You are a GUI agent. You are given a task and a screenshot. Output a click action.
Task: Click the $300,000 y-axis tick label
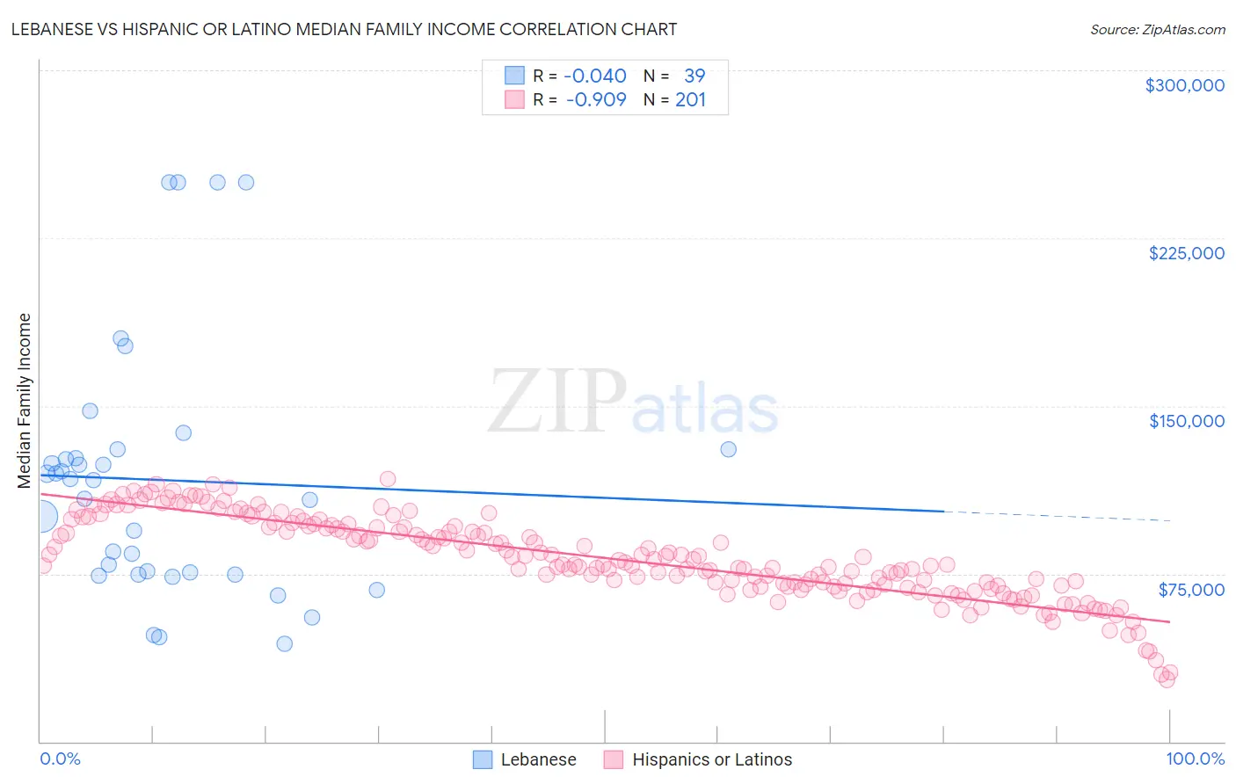1184,85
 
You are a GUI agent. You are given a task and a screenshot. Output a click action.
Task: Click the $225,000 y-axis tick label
1186,253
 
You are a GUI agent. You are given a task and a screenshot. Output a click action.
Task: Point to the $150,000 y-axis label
1186,421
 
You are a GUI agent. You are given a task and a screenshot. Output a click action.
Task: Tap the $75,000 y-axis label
1190,589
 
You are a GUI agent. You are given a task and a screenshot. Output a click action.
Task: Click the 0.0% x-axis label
60,759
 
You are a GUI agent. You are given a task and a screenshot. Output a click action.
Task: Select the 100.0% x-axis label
1195,759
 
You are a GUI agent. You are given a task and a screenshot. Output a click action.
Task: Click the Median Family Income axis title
24,401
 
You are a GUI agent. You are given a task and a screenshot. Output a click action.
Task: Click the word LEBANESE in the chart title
55,29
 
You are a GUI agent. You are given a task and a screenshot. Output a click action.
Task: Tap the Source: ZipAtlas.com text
1157,29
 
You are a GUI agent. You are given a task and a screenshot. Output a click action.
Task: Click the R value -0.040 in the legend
595,76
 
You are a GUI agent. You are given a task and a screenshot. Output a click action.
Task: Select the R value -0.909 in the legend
595,99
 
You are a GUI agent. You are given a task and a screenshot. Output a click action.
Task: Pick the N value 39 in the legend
694,76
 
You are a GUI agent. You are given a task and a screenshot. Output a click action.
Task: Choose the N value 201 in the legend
690,99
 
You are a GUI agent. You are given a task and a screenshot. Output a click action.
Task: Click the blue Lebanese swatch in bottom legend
483,759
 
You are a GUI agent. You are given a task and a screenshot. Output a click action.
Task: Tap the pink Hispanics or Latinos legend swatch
614,759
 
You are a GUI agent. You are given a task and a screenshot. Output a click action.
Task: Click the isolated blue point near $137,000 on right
728,449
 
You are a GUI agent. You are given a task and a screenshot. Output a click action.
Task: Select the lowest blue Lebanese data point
284,643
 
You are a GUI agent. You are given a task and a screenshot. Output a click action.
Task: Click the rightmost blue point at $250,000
246,183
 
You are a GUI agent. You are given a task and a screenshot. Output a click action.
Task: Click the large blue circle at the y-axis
40,517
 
